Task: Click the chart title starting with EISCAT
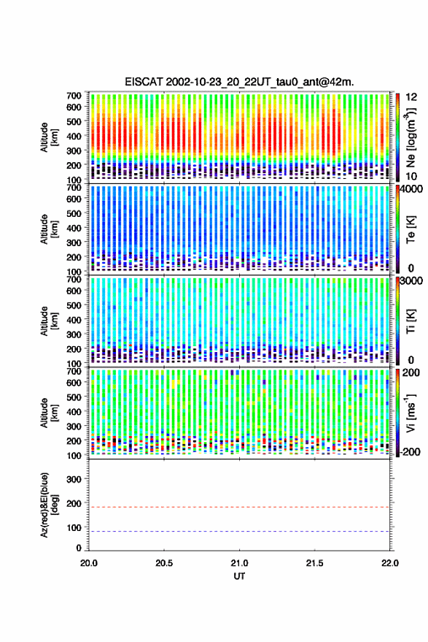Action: pos(239,82)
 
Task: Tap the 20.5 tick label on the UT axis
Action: pos(164,563)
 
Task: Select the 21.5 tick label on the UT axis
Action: pos(314,563)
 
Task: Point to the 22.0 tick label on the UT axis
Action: pos(389,563)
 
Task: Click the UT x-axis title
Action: pos(239,576)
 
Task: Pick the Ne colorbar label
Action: pos(411,138)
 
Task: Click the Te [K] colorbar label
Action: pos(411,229)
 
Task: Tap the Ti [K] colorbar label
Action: pos(411,321)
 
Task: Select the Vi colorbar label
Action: pos(411,413)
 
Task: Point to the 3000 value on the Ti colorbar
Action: pos(411,280)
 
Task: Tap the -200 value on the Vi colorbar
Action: pos(410,451)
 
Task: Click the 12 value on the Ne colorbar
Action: pos(411,97)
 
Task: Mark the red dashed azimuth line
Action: pos(239,507)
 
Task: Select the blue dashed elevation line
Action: pos(239,532)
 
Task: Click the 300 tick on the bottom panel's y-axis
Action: pos(74,479)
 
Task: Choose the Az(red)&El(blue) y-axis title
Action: pos(49,505)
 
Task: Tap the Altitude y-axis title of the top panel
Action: pos(49,137)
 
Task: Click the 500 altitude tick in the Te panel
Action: pos(74,213)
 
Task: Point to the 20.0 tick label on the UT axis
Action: pos(89,563)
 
